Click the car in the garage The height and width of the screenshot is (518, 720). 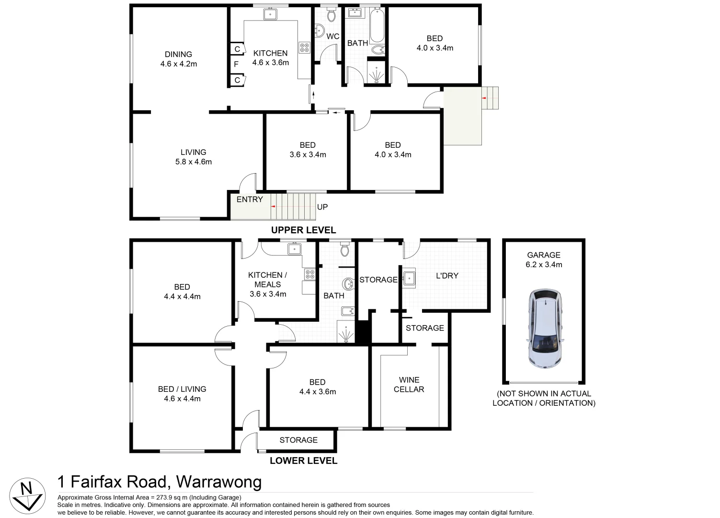(x=545, y=328)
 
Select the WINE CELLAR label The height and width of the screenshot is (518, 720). (x=409, y=385)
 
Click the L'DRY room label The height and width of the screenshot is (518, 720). (x=447, y=276)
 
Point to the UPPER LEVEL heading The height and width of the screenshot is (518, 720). (x=303, y=230)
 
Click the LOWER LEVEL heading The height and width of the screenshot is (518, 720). (x=303, y=461)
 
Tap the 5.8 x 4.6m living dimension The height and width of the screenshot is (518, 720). (x=194, y=162)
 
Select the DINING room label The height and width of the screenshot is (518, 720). (x=178, y=54)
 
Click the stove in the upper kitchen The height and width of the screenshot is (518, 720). (x=305, y=47)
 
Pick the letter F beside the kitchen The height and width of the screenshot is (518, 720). (x=236, y=64)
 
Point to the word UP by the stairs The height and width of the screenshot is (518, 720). (x=322, y=207)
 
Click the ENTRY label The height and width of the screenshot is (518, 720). (x=250, y=200)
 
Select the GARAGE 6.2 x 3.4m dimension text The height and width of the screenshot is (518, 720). (x=544, y=265)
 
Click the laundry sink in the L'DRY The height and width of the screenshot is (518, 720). (x=409, y=278)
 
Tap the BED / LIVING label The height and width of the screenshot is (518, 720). (x=182, y=389)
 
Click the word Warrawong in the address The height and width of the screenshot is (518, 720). (x=219, y=482)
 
